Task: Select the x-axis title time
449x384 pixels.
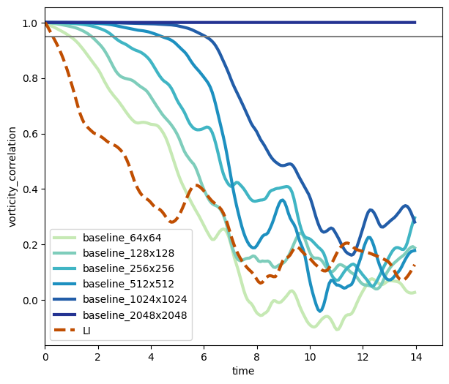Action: [243, 372]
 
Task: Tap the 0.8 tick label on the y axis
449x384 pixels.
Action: [29, 78]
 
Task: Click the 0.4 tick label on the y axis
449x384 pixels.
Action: [29, 189]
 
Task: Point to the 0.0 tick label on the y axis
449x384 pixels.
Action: [29, 301]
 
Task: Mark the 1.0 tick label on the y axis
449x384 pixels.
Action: [29, 23]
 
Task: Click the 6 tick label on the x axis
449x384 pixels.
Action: [204, 357]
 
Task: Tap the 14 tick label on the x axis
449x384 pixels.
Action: [415, 357]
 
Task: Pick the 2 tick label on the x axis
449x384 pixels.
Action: [98, 357]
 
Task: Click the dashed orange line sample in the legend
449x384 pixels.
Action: [64, 330]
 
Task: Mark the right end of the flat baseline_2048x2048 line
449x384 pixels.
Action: [415, 23]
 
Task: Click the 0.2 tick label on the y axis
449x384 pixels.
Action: [29, 245]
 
